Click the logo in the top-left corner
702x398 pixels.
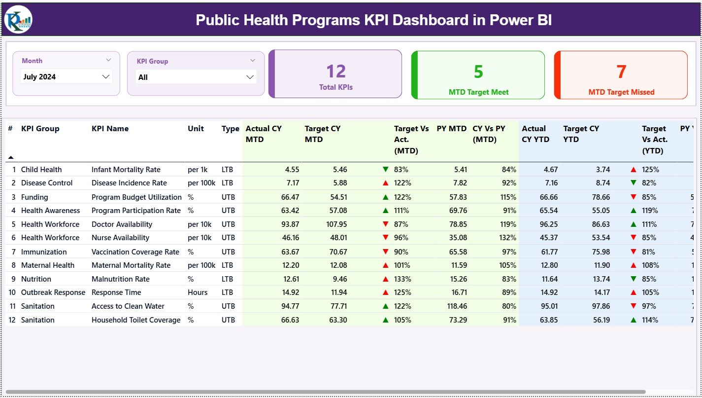(18, 20)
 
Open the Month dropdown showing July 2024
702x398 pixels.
(67, 76)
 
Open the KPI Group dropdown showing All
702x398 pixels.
(196, 77)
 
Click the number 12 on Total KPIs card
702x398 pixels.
(335, 72)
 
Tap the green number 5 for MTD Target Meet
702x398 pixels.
(478, 72)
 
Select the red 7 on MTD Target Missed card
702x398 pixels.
(621, 72)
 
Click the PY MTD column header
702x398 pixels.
(451, 129)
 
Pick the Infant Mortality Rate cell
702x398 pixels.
(126, 170)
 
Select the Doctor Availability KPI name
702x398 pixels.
(122, 224)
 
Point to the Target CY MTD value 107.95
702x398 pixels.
(333, 224)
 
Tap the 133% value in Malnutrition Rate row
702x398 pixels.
(401, 279)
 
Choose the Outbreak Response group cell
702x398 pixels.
(53, 292)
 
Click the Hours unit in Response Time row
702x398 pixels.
(198, 292)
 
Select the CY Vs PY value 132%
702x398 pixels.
(507, 238)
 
